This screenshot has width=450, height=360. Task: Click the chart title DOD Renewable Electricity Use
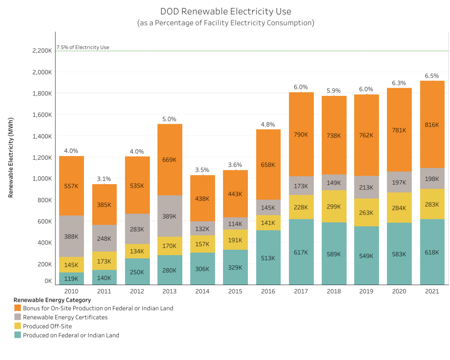pos(226,11)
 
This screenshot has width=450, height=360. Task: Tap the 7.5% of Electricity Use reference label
pos(83,47)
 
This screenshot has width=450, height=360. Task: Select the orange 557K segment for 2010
pos(71,186)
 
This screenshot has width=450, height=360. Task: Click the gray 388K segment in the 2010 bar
pos(71,236)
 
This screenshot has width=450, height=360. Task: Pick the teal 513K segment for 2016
pos(268,258)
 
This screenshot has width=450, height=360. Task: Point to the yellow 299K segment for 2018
pos(334,206)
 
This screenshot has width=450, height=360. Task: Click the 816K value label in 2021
pos(432,125)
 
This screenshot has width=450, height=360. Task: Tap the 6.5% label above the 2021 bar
pos(432,76)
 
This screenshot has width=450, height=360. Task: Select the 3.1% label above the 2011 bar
pos(104,179)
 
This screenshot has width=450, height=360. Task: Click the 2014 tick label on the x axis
pos(202,291)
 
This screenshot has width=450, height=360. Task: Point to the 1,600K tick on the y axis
pos(41,115)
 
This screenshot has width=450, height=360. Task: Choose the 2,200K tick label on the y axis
pos(41,51)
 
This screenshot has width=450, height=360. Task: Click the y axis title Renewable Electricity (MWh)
pos(11,157)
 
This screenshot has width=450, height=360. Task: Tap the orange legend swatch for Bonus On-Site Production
pos(18,308)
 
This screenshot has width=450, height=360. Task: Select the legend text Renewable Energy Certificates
pos(65,317)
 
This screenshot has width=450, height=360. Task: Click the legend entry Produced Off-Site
pos(47,326)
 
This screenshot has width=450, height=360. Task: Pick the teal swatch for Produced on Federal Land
pos(18,335)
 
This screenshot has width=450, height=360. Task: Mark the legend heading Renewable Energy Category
pos(52,300)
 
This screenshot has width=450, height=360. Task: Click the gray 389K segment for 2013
pos(169,216)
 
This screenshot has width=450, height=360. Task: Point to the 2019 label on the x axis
pos(366,291)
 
